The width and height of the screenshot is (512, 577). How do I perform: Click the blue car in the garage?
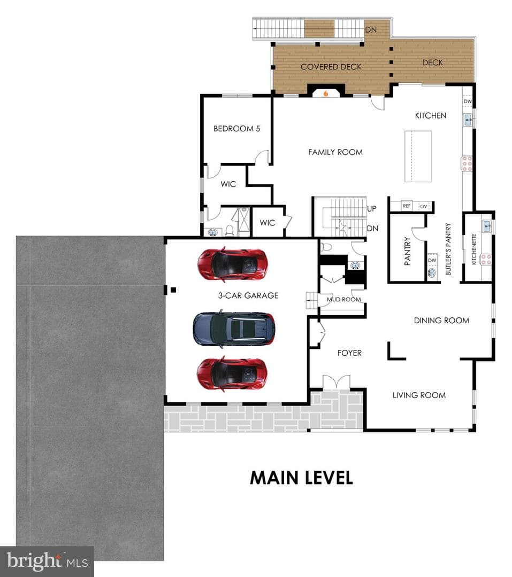coord(234,329)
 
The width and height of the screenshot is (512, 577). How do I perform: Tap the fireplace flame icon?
coord(326,93)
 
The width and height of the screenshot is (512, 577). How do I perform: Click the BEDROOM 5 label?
coord(236,128)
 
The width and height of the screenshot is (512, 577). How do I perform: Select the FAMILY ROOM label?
coord(335,152)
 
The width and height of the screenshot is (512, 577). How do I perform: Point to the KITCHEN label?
coord(431,115)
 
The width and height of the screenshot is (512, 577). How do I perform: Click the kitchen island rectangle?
coord(418,156)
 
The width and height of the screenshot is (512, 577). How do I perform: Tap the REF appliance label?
coord(407,206)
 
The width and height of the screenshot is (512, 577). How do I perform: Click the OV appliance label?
coord(424,206)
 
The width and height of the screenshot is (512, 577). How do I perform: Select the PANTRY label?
coord(407,251)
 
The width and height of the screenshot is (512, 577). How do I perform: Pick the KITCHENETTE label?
coord(474,249)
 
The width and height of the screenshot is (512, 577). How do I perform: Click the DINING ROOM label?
coord(441,321)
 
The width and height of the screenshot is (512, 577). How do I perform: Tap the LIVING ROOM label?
coord(419,395)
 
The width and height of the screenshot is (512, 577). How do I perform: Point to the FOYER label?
coord(349,353)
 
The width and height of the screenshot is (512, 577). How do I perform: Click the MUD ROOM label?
coord(343,300)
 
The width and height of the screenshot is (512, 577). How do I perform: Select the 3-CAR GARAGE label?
coord(248,295)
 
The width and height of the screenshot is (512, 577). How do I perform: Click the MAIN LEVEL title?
coord(302,478)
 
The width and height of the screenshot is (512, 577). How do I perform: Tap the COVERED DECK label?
coord(331,67)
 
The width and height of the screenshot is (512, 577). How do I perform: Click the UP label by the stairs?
coord(371,209)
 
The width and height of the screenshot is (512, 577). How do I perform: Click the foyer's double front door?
coord(336,382)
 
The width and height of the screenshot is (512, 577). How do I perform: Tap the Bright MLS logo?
coord(47,562)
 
